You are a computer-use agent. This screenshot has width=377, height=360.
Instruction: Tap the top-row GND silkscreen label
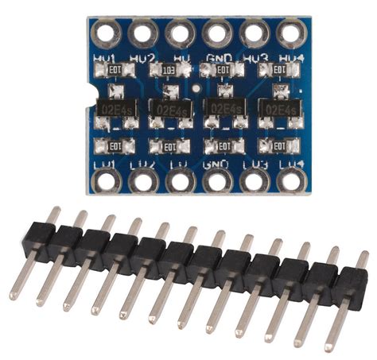[216, 58]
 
